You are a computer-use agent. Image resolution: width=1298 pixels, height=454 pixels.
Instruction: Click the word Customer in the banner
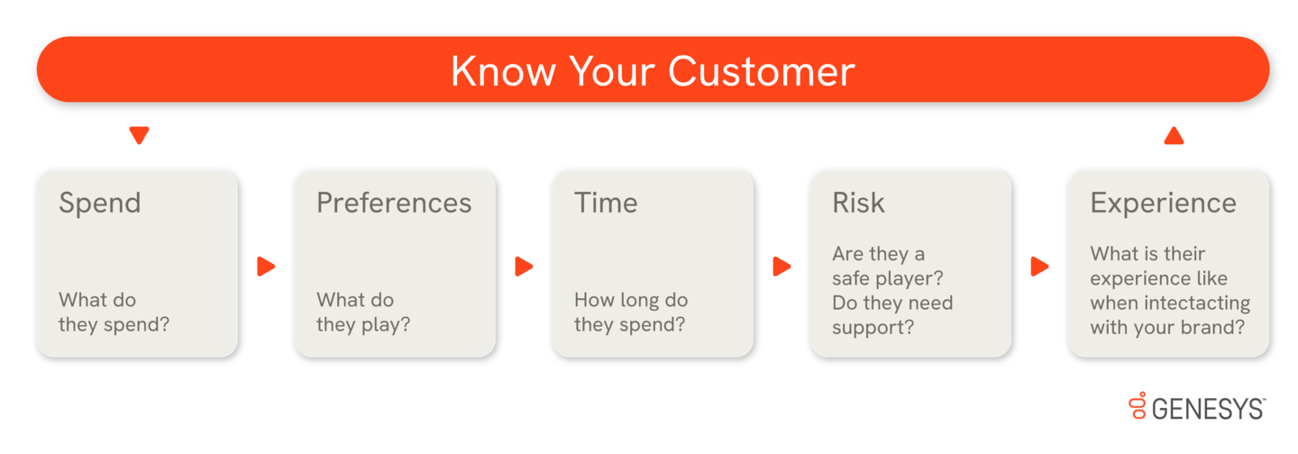[x=762, y=72]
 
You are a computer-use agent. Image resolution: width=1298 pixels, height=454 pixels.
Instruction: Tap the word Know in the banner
[x=504, y=72]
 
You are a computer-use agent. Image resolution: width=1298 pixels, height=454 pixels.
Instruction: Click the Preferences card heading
[x=394, y=203]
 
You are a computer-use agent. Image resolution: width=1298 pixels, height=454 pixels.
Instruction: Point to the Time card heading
[x=606, y=203]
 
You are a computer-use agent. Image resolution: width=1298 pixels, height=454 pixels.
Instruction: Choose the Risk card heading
[x=859, y=203]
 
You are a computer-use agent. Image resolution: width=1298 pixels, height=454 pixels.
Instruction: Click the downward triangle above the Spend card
[x=139, y=135]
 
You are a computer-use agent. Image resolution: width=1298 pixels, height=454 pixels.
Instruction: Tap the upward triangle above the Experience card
[x=1174, y=135]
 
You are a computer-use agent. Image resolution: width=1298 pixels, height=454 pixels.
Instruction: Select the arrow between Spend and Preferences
[x=266, y=267]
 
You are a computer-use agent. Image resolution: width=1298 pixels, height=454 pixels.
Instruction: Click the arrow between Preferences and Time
[x=524, y=267]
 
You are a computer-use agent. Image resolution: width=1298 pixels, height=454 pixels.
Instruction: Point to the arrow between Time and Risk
[x=782, y=267]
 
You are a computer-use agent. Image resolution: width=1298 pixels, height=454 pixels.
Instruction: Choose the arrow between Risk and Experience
[x=1039, y=267]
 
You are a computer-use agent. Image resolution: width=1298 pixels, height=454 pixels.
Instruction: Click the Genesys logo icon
[x=1138, y=404]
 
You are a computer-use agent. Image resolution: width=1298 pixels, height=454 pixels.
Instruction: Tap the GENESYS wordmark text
[x=1208, y=409]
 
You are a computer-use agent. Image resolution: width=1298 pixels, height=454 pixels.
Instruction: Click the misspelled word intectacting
[x=1197, y=304]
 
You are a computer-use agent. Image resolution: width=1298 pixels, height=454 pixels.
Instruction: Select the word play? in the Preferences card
[x=386, y=325]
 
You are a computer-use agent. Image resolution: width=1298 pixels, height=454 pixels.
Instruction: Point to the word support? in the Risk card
[x=873, y=328]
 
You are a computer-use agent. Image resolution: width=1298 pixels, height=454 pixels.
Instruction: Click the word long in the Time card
[x=640, y=301]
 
